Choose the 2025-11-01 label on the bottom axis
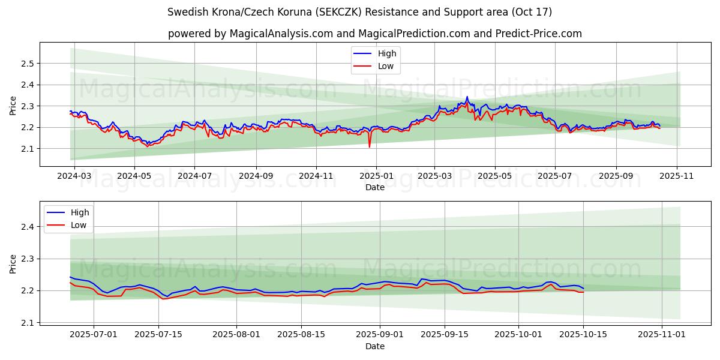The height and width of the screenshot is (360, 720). click(x=661, y=335)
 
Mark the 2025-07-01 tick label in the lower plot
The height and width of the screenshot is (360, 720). click(x=93, y=335)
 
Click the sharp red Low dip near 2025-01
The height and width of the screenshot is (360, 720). click(x=370, y=146)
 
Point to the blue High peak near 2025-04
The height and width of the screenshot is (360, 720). click(x=467, y=97)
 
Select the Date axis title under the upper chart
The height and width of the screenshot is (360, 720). click(x=375, y=187)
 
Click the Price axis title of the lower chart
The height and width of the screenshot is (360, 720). click(x=13, y=263)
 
